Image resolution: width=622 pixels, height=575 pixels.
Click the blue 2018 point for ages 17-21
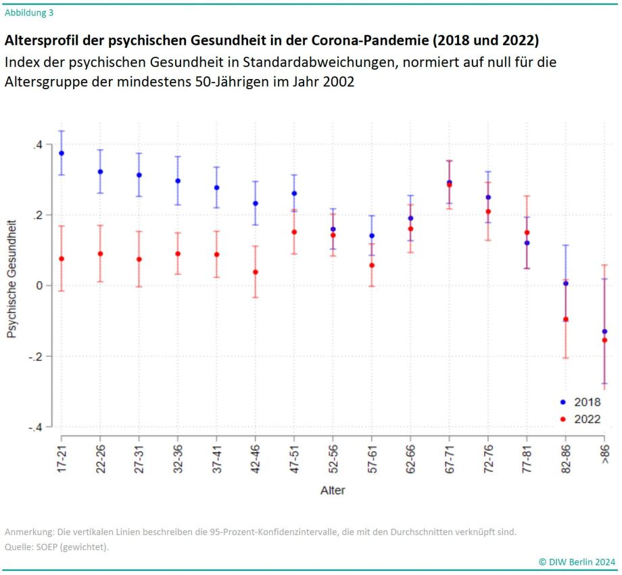[x=62, y=153]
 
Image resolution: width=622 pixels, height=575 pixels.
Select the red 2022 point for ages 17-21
[x=62, y=259]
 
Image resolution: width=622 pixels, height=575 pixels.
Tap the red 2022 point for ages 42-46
[x=256, y=272]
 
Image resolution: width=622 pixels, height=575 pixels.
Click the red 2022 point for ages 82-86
[x=566, y=320]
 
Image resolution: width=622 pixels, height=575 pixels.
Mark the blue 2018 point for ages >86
[x=604, y=332]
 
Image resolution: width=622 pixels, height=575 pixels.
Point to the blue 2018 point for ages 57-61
[x=372, y=236]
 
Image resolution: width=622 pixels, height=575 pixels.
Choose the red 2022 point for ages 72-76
[x=488, y=211]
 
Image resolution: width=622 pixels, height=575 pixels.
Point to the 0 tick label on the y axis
[x=40, y=286]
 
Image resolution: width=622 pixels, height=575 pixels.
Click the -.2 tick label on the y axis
[x=35, y=357]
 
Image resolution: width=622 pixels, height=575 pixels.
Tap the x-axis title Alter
[x=333, y=491]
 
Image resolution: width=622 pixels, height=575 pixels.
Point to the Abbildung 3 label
[x=29, y=12]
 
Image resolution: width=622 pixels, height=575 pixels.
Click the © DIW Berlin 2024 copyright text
[x=577, y=561]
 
